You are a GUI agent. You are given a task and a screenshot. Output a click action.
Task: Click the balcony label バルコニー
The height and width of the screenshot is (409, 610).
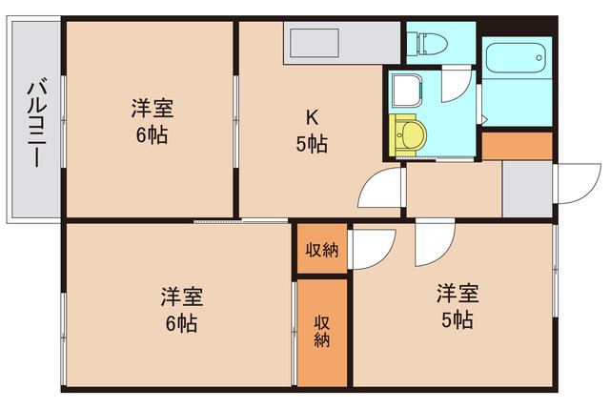click(x=34, y=120)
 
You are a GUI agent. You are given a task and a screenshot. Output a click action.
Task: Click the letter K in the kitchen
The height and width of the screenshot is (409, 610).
click(x=311, y=117)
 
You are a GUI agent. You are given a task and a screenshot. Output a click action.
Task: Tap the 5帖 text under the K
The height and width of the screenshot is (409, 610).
click(x=312, y=144)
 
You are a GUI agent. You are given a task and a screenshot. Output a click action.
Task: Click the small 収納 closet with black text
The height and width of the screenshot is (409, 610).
click(x=322, y=251)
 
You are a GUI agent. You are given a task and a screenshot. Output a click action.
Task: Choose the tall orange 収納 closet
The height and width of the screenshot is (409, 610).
click(x=322, y=331)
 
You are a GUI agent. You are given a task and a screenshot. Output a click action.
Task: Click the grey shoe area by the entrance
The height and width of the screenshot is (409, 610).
click(x=526, y=189)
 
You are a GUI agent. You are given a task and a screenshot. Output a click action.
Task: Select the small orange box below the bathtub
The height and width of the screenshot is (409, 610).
click(x=517, y=146)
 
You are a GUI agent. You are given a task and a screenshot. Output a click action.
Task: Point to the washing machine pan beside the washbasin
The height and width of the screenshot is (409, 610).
click(x=407, y=90)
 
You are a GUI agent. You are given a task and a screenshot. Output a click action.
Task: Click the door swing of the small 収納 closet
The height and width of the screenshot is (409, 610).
click(x=372, y=250)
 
